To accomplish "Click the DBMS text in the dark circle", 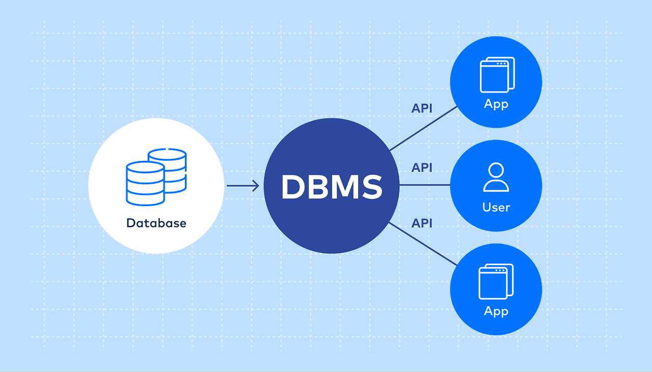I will point(332,187).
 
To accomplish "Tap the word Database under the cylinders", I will point(156,223).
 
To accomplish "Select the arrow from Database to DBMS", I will point(242,186).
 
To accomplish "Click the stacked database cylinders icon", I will point(155,176).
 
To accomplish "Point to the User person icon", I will point(496,177).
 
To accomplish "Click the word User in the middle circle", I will point(496,207).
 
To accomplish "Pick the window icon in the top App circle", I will point(497,75).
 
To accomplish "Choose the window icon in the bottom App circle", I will point(496,282).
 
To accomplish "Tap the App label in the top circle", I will point(496,104).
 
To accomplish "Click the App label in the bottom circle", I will point(496,311).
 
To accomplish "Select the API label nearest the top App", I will point(422,108).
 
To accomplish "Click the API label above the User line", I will point(422,167).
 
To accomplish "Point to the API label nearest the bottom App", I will point(422,223).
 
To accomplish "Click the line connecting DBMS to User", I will point(425,185).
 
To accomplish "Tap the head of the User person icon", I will point(496,170).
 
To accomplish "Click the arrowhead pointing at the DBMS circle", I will point(256,186).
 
